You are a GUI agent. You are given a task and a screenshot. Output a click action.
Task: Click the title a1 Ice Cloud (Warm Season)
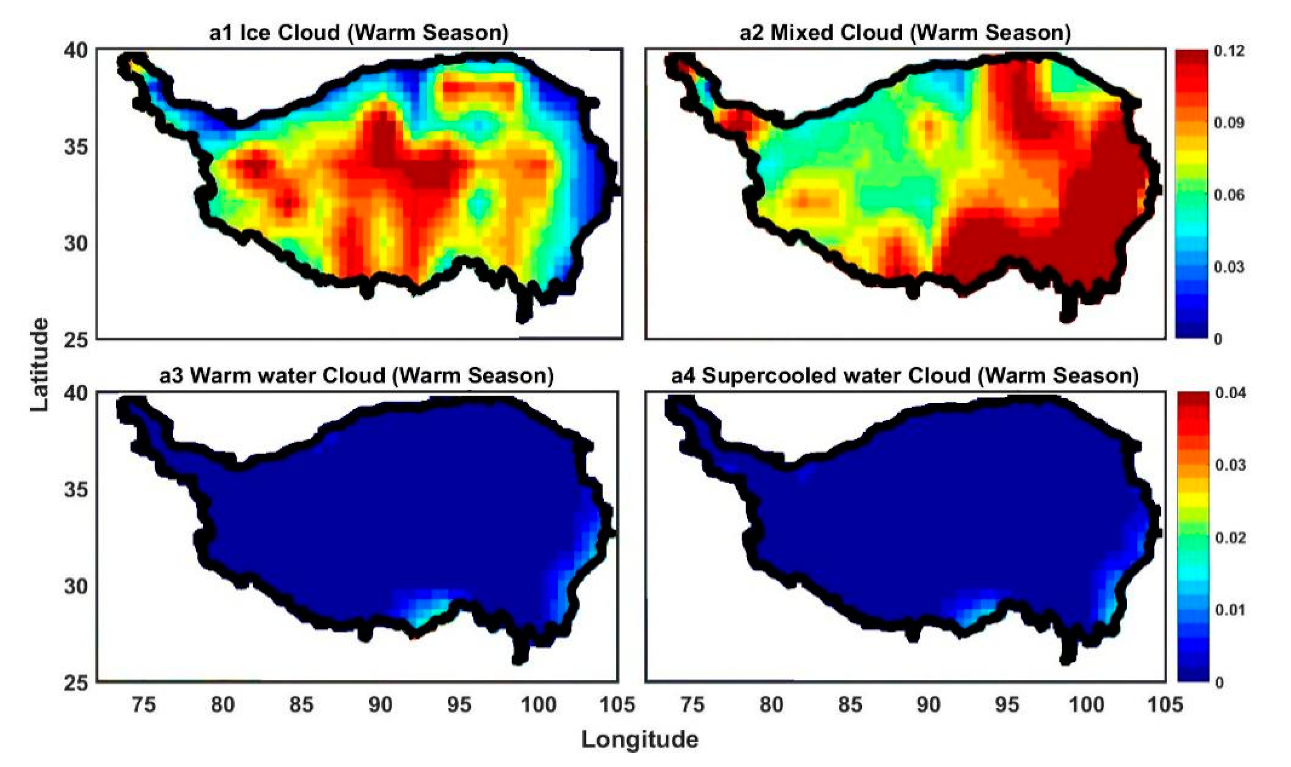[x=359, y=33]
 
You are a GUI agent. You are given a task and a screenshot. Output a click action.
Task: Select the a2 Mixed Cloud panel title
[x=904, y=33]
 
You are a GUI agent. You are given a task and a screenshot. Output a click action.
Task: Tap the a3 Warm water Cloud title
[x=356, y=376]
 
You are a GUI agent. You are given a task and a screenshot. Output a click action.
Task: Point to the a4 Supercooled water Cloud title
[x=904, y=376]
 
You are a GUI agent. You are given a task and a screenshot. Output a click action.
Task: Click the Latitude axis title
[x=39, y=364]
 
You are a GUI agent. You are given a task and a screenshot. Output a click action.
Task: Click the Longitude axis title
[x=640, y=740]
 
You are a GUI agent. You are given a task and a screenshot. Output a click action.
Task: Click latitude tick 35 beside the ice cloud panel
[x=76, y=148]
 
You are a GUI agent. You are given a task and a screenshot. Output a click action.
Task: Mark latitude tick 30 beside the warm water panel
[x=76, y=587]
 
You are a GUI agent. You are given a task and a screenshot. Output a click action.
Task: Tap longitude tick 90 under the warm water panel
[x=380, y=704]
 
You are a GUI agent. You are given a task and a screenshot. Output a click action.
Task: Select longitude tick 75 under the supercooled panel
[x=692, y=704]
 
